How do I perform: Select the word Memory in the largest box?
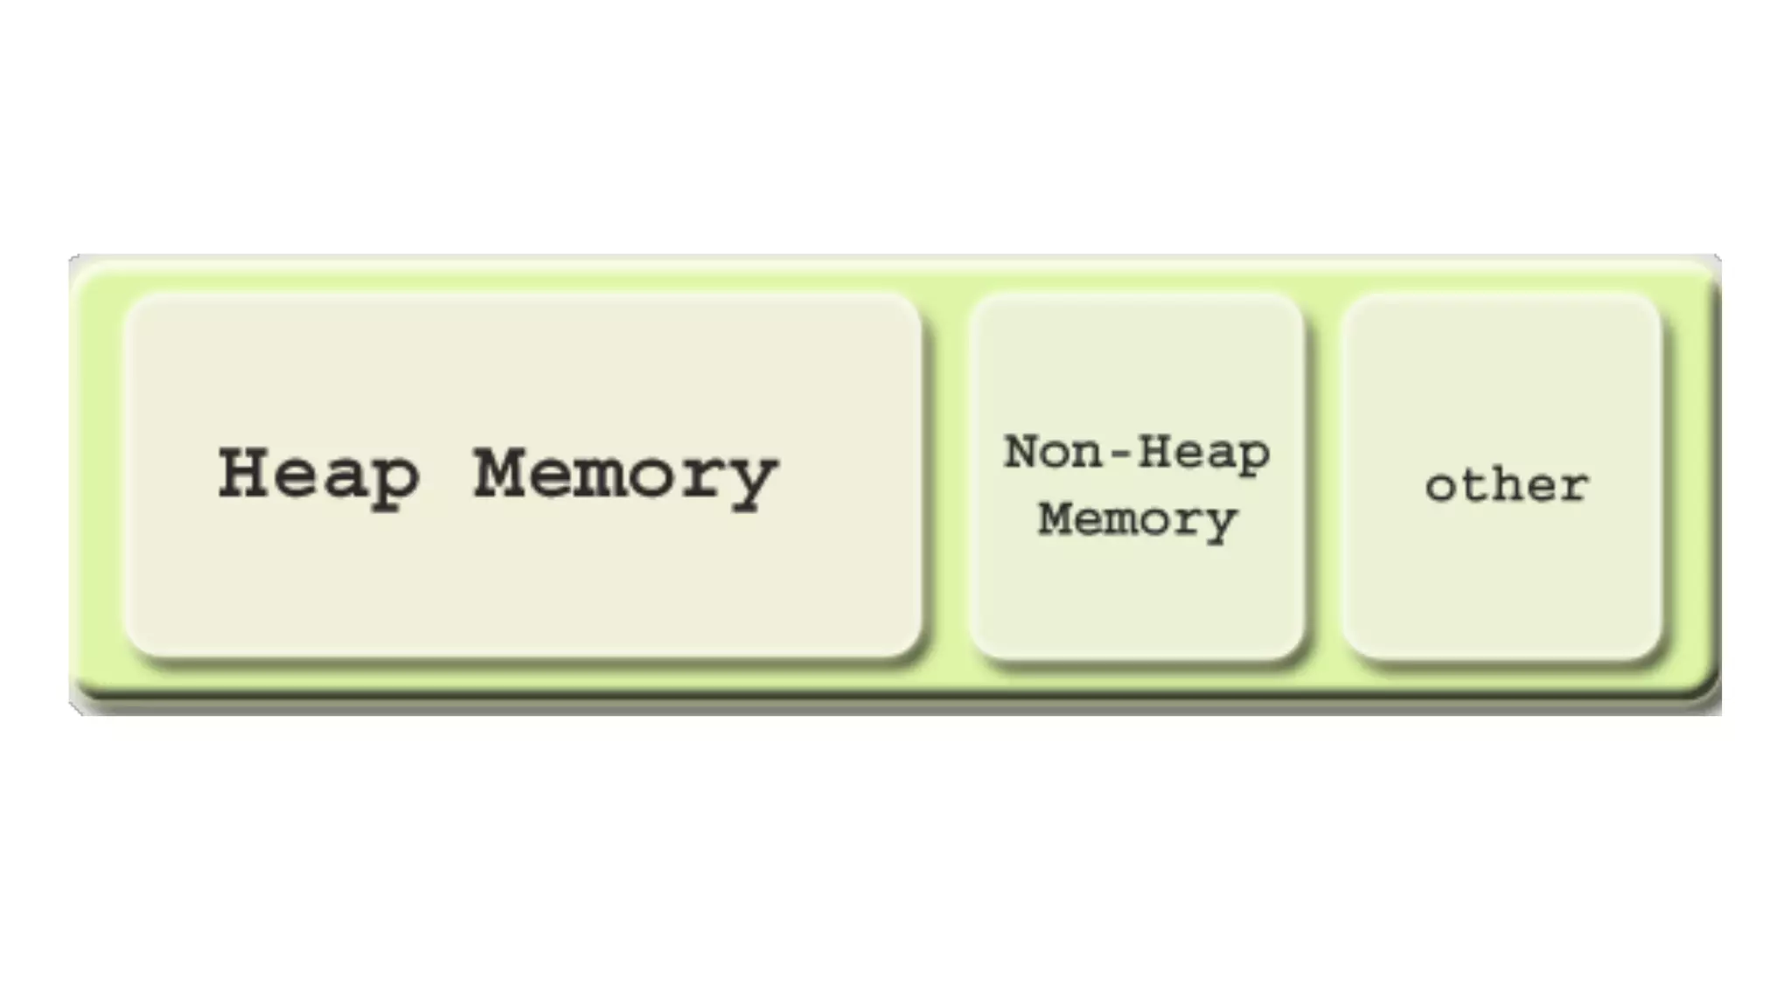pos(625,476)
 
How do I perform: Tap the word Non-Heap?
pos(1137,453)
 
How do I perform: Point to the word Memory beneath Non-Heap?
pos(1137,519)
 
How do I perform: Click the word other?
pos(1506,485)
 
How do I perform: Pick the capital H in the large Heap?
pos(244,473)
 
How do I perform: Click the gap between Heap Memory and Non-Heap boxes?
pos(945,476)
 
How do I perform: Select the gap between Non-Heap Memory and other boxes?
pos(1323,476)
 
